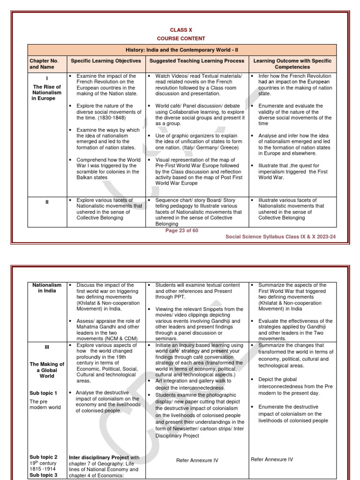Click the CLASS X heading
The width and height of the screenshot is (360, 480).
coord(181,30)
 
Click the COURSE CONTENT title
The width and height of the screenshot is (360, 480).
coord(181,38)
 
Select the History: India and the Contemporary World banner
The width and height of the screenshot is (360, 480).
coord(182,50)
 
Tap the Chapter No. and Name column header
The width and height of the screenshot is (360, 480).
coord(44,64)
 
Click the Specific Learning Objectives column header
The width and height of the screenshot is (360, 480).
coord(105,61)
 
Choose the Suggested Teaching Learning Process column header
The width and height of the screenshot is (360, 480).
coord(196,61)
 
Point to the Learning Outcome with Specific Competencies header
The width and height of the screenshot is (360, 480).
coord(292,64)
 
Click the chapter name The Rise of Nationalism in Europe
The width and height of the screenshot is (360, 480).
coord(46,93)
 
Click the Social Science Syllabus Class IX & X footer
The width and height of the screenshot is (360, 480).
coord(286,237)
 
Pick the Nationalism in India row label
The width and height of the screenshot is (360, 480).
coord(46,288)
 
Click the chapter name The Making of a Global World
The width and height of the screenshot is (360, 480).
coord(46,370)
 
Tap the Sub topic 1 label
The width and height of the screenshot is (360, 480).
coord(43,393)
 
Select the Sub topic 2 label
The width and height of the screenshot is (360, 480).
coord(43,457)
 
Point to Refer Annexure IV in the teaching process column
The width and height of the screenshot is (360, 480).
coord(197,460)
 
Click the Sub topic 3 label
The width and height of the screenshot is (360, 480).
coord(43,475)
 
